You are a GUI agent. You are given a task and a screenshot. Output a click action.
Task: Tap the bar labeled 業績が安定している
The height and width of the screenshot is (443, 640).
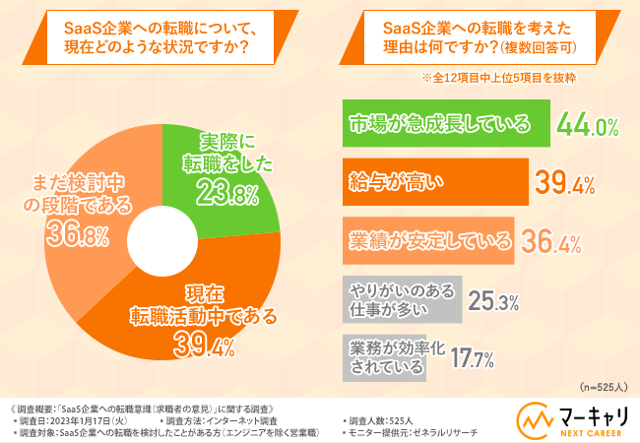[429, 240]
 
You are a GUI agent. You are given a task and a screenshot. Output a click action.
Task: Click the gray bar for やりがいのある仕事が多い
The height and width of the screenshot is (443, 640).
[400, 297]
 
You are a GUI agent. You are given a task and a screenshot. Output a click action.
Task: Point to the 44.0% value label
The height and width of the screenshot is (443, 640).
[587, 125]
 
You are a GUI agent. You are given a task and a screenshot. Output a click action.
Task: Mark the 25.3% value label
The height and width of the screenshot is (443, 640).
[492, 301]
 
